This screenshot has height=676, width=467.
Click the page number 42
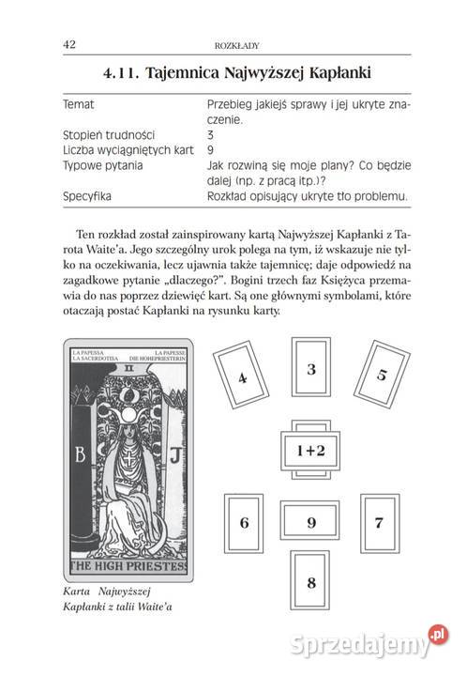coord(69,44)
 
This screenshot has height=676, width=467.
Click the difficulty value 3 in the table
coord(210,135)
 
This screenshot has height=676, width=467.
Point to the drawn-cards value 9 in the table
coord(210,150)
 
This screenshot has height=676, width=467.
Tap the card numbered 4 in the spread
coord(243,377)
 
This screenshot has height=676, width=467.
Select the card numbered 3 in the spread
coord(310,370)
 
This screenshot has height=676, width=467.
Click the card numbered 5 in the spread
coord(380,376)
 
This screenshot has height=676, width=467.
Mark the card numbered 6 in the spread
coord(245,522)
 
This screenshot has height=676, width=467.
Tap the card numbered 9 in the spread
coord(310,522)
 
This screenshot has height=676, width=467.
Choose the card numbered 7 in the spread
coord(378,522)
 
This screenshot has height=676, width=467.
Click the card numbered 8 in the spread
coord(310,583)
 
